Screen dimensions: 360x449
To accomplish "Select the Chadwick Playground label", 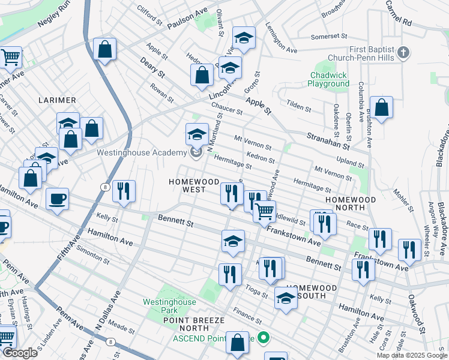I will point(329,80).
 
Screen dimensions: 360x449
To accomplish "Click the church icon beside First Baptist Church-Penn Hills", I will point(403,52).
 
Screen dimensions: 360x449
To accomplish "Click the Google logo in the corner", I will point(20,353).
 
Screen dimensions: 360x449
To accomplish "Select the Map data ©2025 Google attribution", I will point(411,355).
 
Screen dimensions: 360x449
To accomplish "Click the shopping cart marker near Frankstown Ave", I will point(264,211).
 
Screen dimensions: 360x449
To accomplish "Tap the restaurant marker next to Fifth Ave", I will point(124,191).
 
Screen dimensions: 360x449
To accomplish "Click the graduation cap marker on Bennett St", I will point(233,242).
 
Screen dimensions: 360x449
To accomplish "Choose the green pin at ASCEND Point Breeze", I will point(261,338).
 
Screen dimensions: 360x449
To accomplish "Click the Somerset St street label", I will point(329,37).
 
